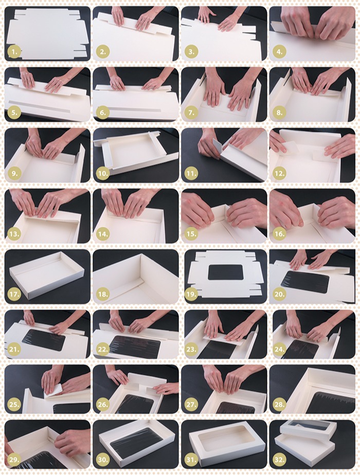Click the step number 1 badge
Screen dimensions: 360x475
[14, 52]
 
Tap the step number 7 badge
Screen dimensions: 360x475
[191, 113]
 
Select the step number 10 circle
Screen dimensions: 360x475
[103, 174]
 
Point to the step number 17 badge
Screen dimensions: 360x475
[14, 294]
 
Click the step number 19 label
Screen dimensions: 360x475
[191, 294]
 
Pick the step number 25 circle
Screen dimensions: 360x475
[14, 404]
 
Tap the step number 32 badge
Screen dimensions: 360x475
[279, 460]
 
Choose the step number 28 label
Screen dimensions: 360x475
[279, 404]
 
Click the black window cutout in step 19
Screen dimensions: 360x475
[225, 272]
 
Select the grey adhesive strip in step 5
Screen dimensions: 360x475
[40, 105]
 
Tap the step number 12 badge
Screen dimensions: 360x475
[279, 174]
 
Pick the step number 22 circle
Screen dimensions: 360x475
[103, 349]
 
